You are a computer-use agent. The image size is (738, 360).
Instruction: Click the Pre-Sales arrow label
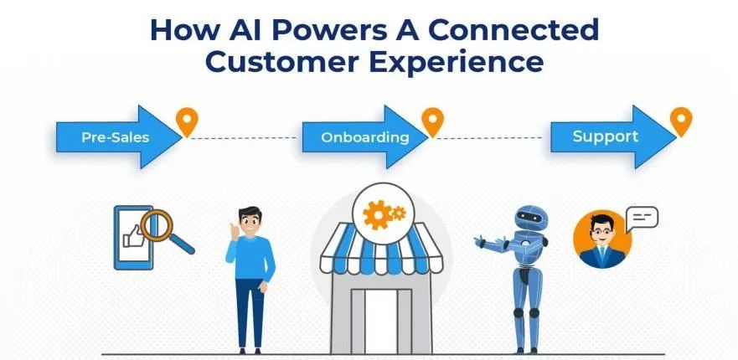click(x=116, y=137)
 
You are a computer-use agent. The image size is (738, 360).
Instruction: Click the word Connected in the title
click(x=514, y=31)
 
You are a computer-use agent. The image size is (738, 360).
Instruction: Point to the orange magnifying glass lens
click(x=157, y=225)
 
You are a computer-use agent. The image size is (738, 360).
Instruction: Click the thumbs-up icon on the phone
click(x=133, y=236)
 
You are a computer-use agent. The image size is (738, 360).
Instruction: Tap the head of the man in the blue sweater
click(x=250, y=220)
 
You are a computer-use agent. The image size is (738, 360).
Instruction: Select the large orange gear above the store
click(x=378, y=215)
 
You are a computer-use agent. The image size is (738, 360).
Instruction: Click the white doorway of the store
click(x=381, y=321)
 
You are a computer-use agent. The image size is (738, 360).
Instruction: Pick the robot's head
click(x=531, y=218)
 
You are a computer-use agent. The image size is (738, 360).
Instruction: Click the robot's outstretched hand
click(x=480, y=242)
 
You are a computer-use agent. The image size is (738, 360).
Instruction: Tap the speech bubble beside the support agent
click(x=642, y=219)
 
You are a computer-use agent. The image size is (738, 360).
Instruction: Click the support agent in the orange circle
click(x=602, y=239)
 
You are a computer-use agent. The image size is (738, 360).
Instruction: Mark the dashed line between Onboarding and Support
click(x=489, y=138)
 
